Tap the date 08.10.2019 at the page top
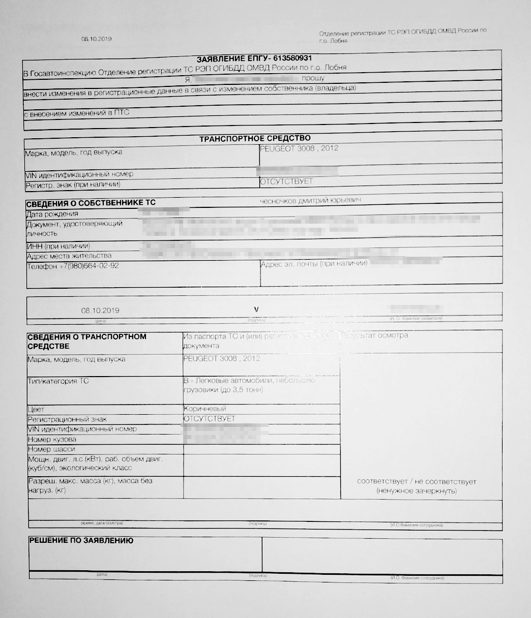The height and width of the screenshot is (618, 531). (x=96, y=39)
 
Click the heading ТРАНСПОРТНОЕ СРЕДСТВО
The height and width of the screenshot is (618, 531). (x=255, y=138)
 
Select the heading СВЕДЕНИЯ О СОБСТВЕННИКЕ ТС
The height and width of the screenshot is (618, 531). (x=91, y=203)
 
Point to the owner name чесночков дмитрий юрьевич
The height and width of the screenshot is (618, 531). (x=310, y=201)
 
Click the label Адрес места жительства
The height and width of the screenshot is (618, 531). (x=69, y=256)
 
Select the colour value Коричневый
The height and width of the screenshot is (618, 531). (x=204, y=409)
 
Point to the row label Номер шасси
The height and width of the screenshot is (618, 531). (x=51, y=449)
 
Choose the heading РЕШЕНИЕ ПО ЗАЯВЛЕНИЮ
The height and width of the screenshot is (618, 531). (x=81, y=541)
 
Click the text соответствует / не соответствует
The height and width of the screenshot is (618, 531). (x=417, y=481)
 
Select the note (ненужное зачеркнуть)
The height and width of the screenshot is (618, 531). (x=417, y=491)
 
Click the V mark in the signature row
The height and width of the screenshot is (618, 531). (x=256, y=308)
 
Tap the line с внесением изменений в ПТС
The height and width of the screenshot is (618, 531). (x=76, y=113)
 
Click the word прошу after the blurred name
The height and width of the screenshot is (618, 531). (x=313, y=79)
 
